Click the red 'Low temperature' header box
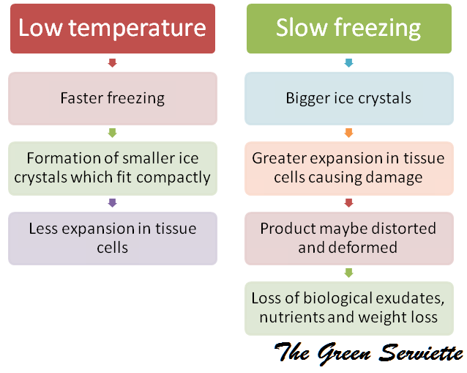pos(112,29)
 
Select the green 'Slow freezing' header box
pos(348,29)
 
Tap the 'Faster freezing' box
pos(112,98)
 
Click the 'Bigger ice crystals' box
pos(348,98)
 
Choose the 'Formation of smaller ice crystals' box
pos(112,167)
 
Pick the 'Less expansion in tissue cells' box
pos(112,237)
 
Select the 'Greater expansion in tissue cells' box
pos(348,167)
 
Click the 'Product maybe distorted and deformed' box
pos(348,237)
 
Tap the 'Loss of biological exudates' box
pos(348,308)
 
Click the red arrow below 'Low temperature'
pos(112,63)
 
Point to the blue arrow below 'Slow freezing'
pos(348,63)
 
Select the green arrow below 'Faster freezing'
pos(112,133)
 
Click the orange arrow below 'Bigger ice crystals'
pos(348,133)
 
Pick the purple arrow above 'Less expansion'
pos(112,202)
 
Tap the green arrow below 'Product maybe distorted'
pos(348,273)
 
